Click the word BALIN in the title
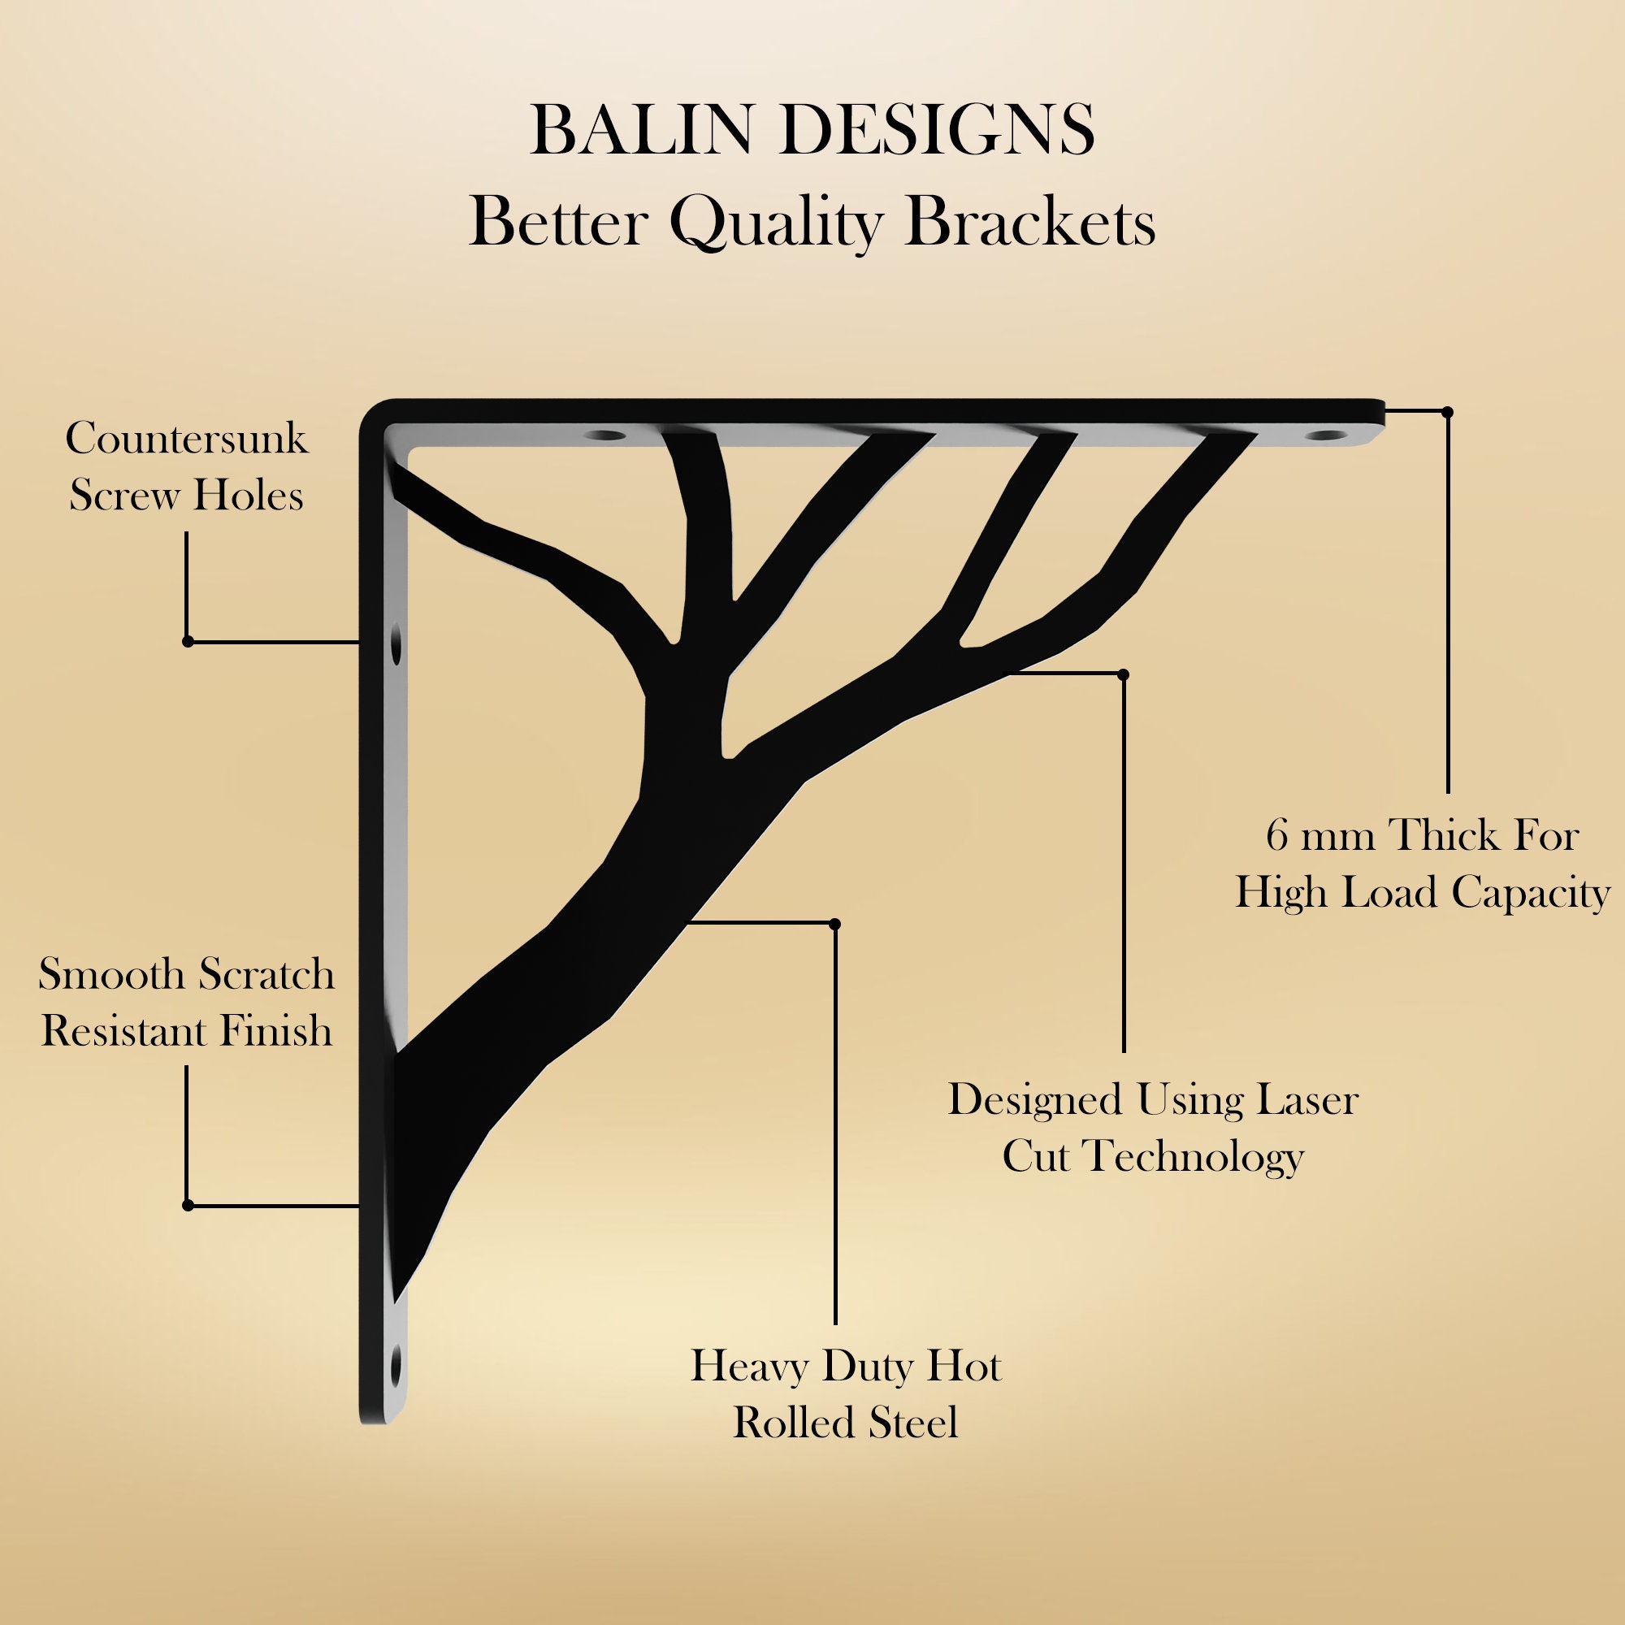tap(640, 130)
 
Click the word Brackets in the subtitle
tap(1030, 223)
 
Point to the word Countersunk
tap(187, 438)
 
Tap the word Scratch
tap(266, 975)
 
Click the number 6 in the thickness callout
tap(1276, 836)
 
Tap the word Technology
tap(1194, 1156)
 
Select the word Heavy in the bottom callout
tap(748, 1366)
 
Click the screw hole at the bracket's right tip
tap(1325, 436)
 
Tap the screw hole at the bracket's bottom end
tap(396, 1365)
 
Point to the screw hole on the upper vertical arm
tap(396, 645)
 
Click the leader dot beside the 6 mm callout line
tap(1448, 412)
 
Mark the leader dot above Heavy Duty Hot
tap(834, 925)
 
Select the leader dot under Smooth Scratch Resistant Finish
tap(188, 1205)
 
